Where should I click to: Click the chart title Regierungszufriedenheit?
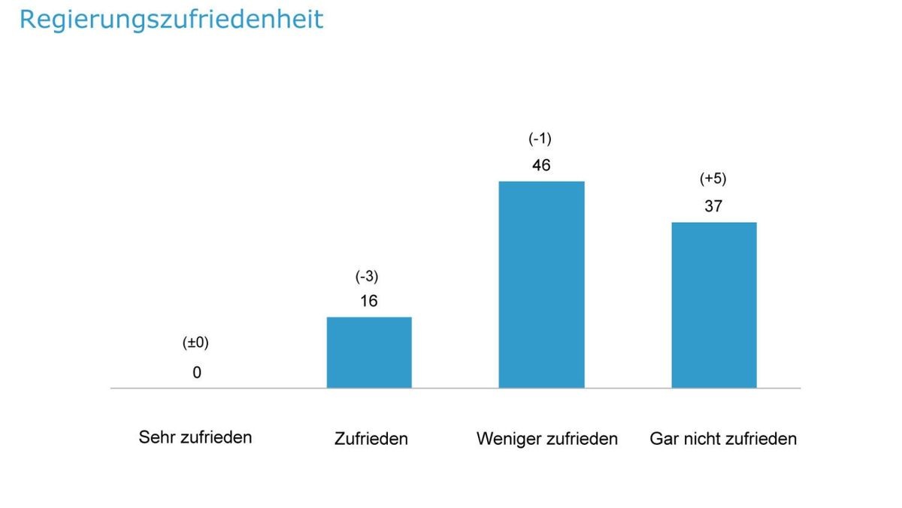(171, 19)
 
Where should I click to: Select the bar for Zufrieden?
(369, 352)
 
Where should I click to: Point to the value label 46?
(541, 166)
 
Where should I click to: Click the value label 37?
(713, 206)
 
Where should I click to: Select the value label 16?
(368, 301)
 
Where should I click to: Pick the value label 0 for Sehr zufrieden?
(197, 373)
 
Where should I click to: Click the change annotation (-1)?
(540, 138)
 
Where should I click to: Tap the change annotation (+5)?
(713, 179)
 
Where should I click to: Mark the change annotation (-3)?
(367, 276)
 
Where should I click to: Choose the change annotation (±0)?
(196, 342)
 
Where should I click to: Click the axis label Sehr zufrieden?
(195, 437)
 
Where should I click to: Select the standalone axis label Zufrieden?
(371, 439)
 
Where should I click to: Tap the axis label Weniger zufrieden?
(546, 439)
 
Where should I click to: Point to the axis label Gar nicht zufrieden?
(723, 439)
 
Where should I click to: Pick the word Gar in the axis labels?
(664, 439)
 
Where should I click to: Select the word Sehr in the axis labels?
(156, 437)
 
